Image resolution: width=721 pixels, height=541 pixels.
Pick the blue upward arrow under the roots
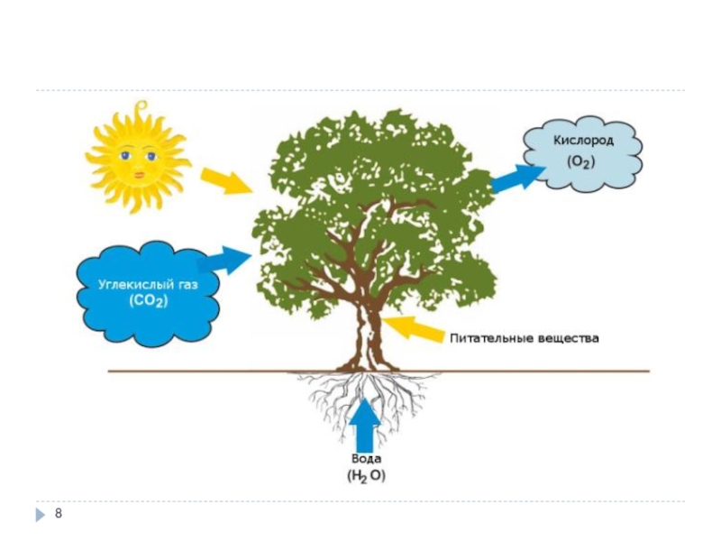pos(365,425)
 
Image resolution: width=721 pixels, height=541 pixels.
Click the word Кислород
pos(583,141)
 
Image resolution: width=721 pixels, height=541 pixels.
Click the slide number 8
pos(59,513)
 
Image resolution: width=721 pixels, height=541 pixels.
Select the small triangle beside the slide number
pos(41,514)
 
